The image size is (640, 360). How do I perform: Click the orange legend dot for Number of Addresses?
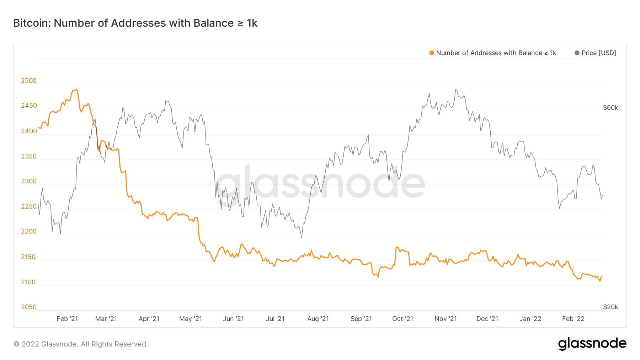(432, 53)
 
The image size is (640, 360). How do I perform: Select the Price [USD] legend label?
(598, 53)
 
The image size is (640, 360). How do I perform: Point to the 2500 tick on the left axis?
(29, 81)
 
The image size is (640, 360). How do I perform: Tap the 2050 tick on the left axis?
(29, 307)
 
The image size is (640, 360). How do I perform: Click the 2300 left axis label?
(29, 181)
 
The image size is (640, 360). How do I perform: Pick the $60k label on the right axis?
(610, 108)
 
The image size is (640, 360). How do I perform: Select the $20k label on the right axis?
(610, 307)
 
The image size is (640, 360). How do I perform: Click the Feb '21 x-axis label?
(67, 319)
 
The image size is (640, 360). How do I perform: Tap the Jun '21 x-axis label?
(233, 319)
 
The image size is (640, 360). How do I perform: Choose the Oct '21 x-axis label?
(402, 319)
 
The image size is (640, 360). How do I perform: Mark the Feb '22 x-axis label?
(573, 319)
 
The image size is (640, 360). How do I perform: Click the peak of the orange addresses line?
(75, 90)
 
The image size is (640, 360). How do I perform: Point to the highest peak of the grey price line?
(456, 90)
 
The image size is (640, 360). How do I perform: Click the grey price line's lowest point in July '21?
(302, 237)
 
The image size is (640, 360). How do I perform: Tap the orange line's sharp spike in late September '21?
(397, 247)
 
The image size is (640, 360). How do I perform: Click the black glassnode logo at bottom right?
(592, 344)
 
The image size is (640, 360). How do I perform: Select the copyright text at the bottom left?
(81, 344)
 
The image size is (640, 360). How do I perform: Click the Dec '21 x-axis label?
(487, 319)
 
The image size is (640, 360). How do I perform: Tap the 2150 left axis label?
(29, 257)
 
